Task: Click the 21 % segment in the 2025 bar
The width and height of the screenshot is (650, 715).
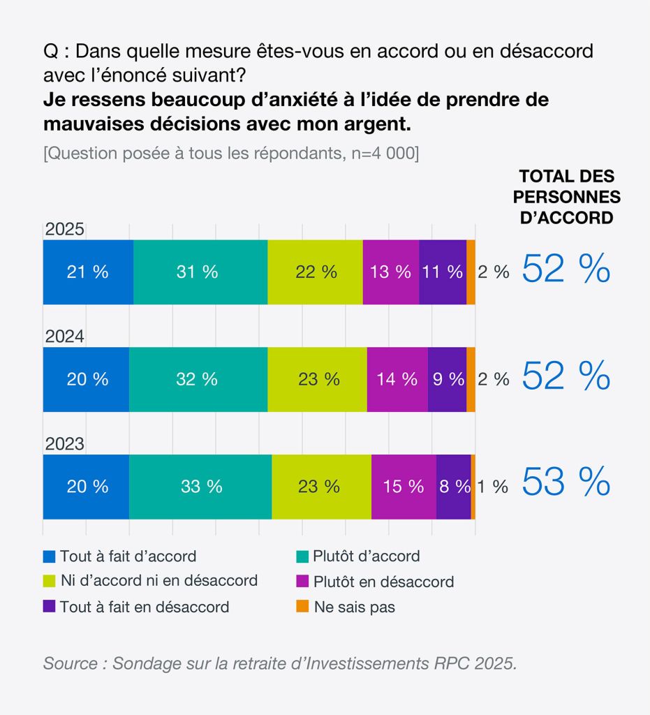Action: click(88, 272)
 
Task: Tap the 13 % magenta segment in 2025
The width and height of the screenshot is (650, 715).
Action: click(391, 272)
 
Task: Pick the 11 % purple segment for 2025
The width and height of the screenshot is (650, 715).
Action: click(443, 272)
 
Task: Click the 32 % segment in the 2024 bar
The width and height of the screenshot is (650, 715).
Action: click(198, 379)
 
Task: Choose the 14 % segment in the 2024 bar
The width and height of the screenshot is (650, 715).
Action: click(397, 379)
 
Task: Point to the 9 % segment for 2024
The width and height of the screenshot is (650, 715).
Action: click(447, 379)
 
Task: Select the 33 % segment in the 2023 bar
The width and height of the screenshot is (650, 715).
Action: click(200, 487)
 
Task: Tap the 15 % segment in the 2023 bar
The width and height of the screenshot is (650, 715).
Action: click(404, 487)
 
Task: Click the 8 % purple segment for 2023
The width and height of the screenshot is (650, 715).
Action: click(453, 487)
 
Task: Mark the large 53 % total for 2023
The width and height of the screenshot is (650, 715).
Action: click(566, 482)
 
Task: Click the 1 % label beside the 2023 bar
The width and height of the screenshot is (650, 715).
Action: click(494, 487)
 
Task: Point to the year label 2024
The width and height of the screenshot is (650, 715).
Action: click(65, 337)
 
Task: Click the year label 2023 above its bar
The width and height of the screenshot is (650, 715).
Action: click(65, 444)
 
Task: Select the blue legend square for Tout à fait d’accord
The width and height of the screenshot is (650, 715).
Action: click(49, 556)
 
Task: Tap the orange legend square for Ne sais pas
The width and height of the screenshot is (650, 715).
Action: click(302, 607)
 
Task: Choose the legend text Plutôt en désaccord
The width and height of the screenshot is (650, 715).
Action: click(383, 582)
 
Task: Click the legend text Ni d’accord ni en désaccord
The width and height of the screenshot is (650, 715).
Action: click(158, 580)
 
